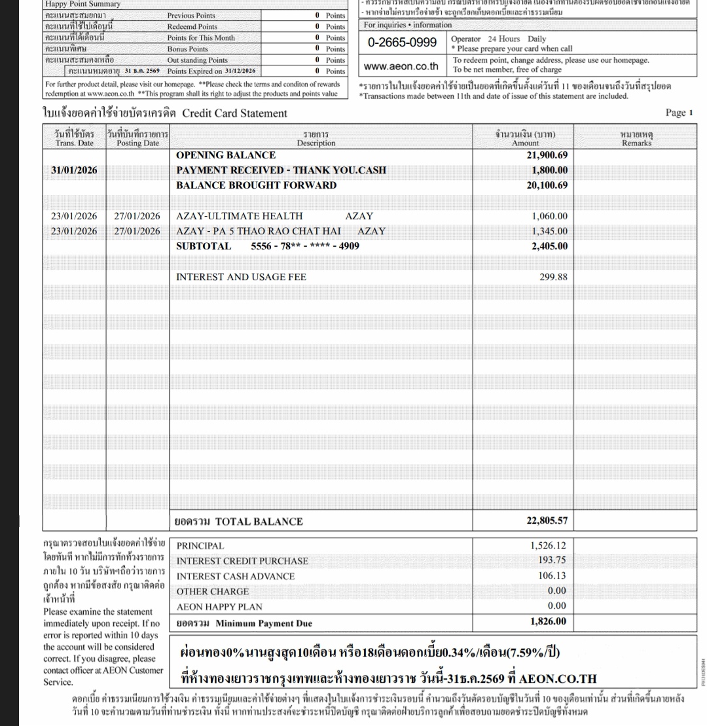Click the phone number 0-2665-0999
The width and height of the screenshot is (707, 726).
[x=402, y=44]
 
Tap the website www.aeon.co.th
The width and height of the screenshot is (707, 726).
[x=401, y=66]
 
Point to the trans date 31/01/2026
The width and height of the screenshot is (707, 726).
[x=74, y=170]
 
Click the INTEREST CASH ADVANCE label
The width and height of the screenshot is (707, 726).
[x=236, y=576]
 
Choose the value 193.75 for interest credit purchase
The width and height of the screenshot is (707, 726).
[x=554, y=560]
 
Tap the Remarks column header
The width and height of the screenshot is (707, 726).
[x=636, y=139]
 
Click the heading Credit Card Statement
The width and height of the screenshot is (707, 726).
[x=234, y=113]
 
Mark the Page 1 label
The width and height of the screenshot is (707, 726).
[x=679, y=113]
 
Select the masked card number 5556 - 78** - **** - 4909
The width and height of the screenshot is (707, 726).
[x=305, y=247]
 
